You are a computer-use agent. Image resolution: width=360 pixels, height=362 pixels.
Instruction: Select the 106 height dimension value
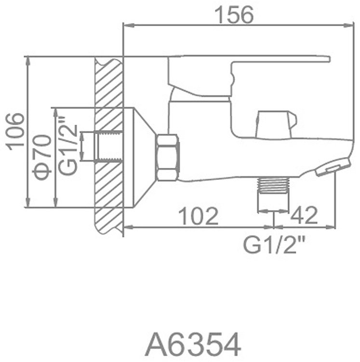[x=14, y=132]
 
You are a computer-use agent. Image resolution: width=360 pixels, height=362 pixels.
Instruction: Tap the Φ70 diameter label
[x=42, y=158]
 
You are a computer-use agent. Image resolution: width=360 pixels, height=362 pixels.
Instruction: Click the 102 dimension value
[x=199, y=216]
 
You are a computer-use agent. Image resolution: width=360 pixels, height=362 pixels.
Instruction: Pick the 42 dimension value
[x=304, y=215]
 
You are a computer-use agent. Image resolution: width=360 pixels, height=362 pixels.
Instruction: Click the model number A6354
[x=193, y=345]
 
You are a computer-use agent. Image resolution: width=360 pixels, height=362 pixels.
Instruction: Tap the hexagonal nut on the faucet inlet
[x=167, y=158]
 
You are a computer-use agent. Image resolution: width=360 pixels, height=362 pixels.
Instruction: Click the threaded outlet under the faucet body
[x=273, y=184]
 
